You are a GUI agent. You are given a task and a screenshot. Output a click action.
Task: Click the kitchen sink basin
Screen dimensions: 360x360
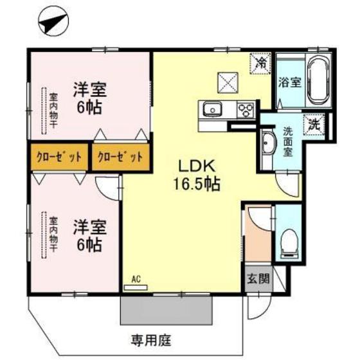(x=212, y=109)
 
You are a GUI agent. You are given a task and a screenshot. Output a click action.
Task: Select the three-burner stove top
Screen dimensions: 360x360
(x=246, y=108)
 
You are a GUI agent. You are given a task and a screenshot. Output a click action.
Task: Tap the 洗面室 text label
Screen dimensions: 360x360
(x=289, y=141)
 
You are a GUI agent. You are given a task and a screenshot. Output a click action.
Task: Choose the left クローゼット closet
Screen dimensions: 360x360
(x=59, y=157)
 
